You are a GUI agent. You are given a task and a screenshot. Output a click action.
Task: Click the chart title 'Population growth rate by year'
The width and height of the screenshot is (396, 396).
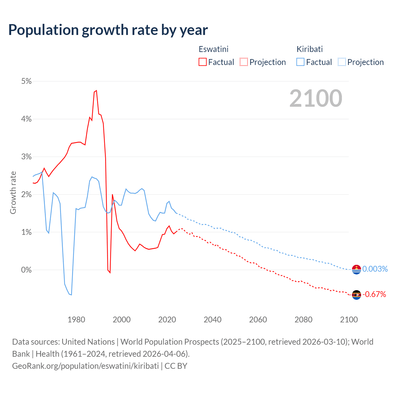tap(108, 30)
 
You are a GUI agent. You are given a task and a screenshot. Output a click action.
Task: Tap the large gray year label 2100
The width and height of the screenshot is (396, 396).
tap(316, 98)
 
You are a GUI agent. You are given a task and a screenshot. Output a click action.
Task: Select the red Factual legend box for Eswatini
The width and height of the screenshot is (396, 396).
tap(203, 62)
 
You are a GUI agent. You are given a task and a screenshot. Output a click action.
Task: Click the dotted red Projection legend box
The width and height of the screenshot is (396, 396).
tap(244, 62)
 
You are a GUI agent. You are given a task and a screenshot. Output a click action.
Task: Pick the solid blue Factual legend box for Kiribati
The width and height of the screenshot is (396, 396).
tap(300, 62)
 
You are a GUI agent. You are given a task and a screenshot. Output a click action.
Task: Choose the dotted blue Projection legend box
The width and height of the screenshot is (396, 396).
tap(342, 62)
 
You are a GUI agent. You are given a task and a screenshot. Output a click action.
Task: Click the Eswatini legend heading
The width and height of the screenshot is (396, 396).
tap(213, 49)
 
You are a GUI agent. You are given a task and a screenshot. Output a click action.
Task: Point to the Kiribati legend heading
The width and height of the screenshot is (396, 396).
tap(309, 49)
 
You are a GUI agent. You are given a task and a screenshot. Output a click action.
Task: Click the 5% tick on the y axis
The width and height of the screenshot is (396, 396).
tap(27, 81)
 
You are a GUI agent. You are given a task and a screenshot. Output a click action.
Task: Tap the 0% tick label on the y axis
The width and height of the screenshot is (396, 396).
tap(27, 270)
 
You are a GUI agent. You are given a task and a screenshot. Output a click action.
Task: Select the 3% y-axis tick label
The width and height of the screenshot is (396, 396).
tap(27, 157)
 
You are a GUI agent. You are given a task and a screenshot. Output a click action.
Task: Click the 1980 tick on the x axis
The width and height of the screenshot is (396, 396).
tap(76, 320)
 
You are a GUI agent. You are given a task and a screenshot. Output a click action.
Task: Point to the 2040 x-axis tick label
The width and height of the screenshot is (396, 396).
tap(213, 320)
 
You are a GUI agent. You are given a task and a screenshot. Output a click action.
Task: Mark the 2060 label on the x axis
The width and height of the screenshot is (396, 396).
tap(258, 320)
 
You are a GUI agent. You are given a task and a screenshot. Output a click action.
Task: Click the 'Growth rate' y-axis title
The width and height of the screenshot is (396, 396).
tap(13, 192)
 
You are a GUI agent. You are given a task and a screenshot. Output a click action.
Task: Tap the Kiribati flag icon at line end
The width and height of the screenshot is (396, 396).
tap(356, 269)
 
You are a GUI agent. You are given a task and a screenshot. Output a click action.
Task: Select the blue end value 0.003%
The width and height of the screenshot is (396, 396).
tap(375, 269)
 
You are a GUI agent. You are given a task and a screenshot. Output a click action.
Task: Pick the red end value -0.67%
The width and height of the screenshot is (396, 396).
tap(374, 294)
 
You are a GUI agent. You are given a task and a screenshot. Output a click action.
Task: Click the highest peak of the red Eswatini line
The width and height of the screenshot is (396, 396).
tap(96, 90)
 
